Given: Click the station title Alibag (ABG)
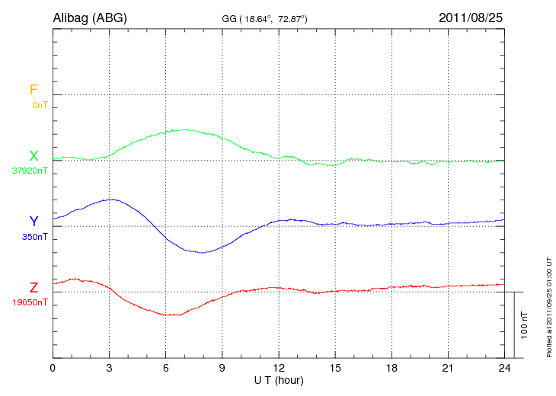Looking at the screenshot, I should [x=90, y=17].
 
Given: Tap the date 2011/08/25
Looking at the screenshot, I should [x=471, y=17].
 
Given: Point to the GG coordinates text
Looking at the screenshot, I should [x=264, y=18].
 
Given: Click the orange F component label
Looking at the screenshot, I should [x=34, y=90].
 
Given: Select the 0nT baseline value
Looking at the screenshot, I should [x=40, y=104].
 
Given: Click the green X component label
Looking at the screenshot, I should [x=34, y=156].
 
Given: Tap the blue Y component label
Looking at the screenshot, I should [x=34, y=222].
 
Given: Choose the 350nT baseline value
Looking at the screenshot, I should [x=35, y=237].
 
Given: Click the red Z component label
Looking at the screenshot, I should [x=34, y=288].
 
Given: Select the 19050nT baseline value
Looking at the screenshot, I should [x=30, y=302].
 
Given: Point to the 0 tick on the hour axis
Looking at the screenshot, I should [x=53, y=368].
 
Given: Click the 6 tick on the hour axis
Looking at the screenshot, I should [x=166, y=368].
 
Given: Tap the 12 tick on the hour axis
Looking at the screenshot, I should [x=279, y=368].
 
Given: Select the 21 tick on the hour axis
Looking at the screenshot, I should [x=449, y=368].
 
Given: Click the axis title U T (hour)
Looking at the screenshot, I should [x=279, y=379].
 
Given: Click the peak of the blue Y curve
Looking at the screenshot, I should [x=112, y=200].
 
